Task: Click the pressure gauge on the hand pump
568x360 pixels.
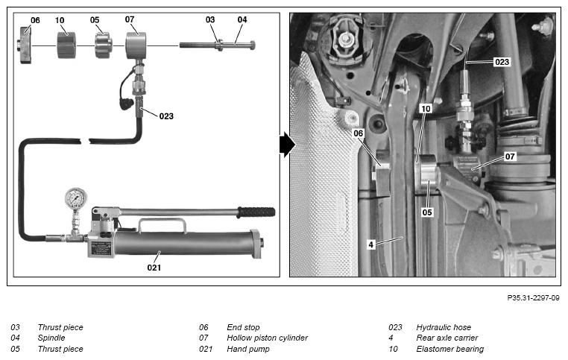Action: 76,198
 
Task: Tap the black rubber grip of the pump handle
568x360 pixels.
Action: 256,212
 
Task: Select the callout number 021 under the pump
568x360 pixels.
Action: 154,268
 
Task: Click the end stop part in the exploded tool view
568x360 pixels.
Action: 25,45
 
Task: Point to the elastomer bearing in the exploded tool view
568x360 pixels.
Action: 66,45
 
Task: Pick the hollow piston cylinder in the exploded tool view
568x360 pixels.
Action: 136,45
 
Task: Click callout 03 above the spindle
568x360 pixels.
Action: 210,19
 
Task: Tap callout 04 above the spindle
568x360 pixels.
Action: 242,19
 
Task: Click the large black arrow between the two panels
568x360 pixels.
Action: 287,145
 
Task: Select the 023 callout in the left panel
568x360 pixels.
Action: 166,116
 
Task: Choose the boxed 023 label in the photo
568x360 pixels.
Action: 502,62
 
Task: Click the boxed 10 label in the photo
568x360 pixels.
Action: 426,109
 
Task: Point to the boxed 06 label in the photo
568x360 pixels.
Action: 358,133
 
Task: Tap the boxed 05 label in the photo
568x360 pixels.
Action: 427,212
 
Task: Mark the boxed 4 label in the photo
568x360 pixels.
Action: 370,244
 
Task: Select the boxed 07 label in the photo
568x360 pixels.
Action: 510,157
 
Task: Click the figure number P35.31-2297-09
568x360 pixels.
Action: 533,298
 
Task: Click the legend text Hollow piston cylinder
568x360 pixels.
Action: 267,338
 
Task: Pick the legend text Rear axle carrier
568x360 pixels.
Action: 447,338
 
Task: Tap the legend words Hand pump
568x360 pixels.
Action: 248,349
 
